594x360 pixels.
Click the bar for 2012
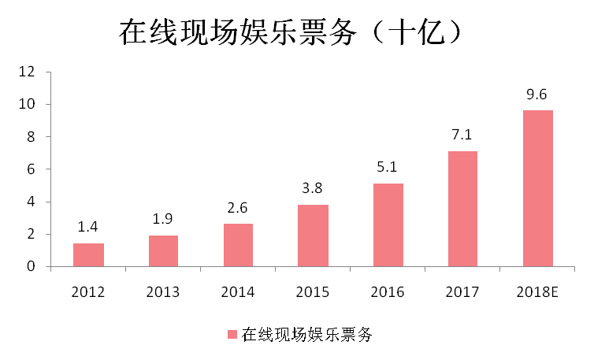88,255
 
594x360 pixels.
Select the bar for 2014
238,245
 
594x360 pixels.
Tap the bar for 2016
388,225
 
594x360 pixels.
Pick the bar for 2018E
537,188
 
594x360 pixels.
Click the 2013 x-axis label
163,292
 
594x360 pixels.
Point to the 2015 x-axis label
313,292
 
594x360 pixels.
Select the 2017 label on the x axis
462,292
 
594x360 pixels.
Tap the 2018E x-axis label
538,292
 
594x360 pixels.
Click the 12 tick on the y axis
29,72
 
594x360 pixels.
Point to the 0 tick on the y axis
32,266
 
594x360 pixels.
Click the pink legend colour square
232,335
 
